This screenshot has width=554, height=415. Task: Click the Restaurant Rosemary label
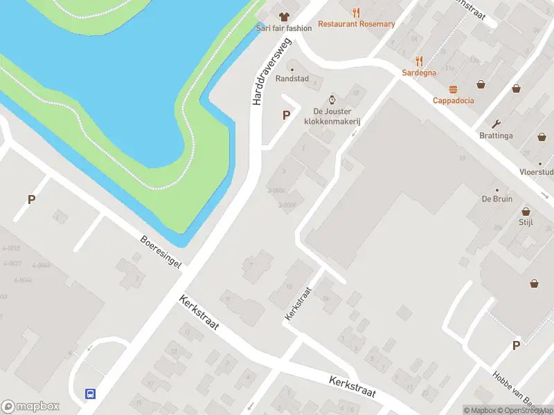(357, 24)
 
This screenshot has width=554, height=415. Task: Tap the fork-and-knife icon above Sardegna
(419, 61)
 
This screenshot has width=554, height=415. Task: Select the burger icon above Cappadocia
(454, 89)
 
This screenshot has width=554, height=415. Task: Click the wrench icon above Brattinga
(496, 124)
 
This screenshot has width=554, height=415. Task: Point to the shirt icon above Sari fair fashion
(283, 17)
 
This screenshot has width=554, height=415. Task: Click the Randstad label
(292, 79)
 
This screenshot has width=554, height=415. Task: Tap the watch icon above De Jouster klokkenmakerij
(332, 100)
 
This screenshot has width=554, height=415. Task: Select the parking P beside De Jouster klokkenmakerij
(285, 116)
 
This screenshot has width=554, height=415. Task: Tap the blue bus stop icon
(91, 394)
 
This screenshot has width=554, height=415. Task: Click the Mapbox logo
(30, 407)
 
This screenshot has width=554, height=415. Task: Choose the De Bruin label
(497, 199)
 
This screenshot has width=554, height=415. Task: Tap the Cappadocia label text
(454, 100)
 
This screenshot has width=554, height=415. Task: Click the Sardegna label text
(419, 72)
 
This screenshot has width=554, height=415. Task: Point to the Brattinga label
(496, 136)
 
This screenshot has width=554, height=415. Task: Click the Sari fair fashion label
(284, 28)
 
